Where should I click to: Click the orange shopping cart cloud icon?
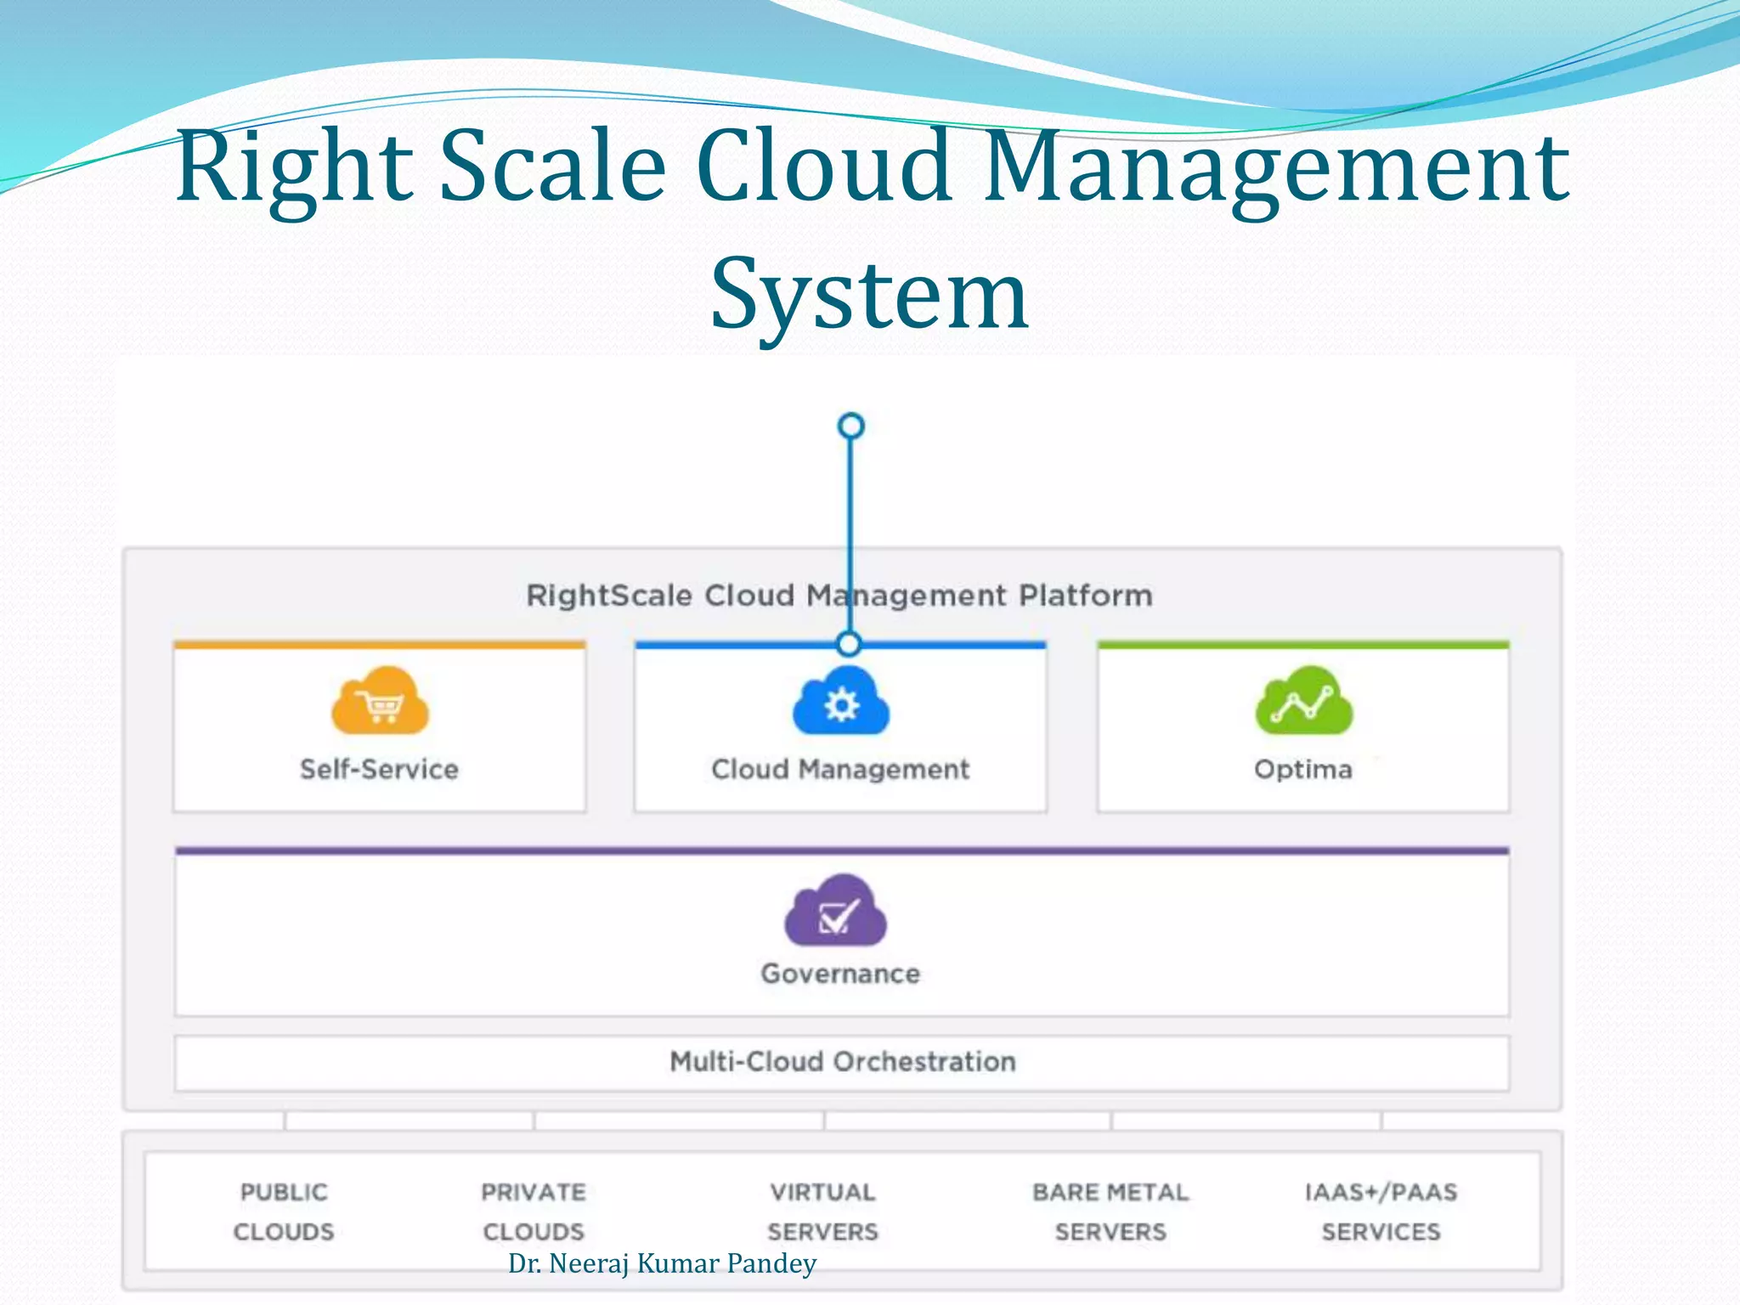coord(380,702)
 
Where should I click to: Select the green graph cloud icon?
coord(1303,702)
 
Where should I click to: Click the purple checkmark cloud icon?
coord(835,911)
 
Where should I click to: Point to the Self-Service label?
coord(379,769)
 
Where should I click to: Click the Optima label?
coord(1302,769)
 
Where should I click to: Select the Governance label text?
coord(840,974)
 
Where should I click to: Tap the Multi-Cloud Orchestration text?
coord(842,1061)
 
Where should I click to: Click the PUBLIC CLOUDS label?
coord(284,1212)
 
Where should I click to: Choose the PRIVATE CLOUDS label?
coord(534,1212)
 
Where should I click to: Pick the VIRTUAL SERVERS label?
coord(822,1212)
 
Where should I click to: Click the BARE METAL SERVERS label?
coord(1110,1212)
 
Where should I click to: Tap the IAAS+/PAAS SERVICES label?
coord(1381,1212)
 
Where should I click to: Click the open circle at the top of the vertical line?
coord(850,426)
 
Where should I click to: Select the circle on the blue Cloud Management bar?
coord(848,644)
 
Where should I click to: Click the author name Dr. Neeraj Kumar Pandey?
coord(662,1263)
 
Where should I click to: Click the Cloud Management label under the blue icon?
coord(840,769)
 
